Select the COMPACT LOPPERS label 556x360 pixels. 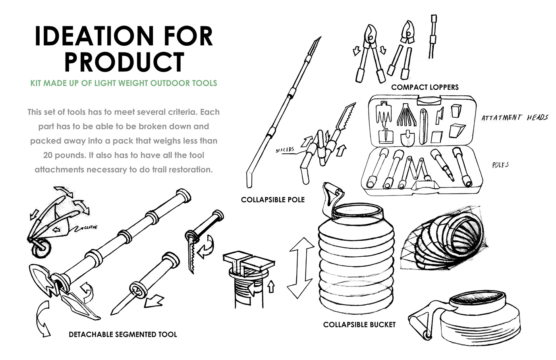tap(425, 87)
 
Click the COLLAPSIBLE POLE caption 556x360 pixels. tap(272, 199)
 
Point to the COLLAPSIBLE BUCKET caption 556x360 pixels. tap(359, 325)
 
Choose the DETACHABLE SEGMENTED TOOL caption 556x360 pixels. tap(123, 334)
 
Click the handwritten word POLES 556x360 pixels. tap(500, 165)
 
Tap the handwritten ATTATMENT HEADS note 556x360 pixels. tap(514, 117)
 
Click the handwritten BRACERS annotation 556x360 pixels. tap(285, 150)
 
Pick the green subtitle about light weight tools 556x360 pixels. tap(124, 83)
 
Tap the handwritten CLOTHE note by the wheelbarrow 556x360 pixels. tap(90, 228)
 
